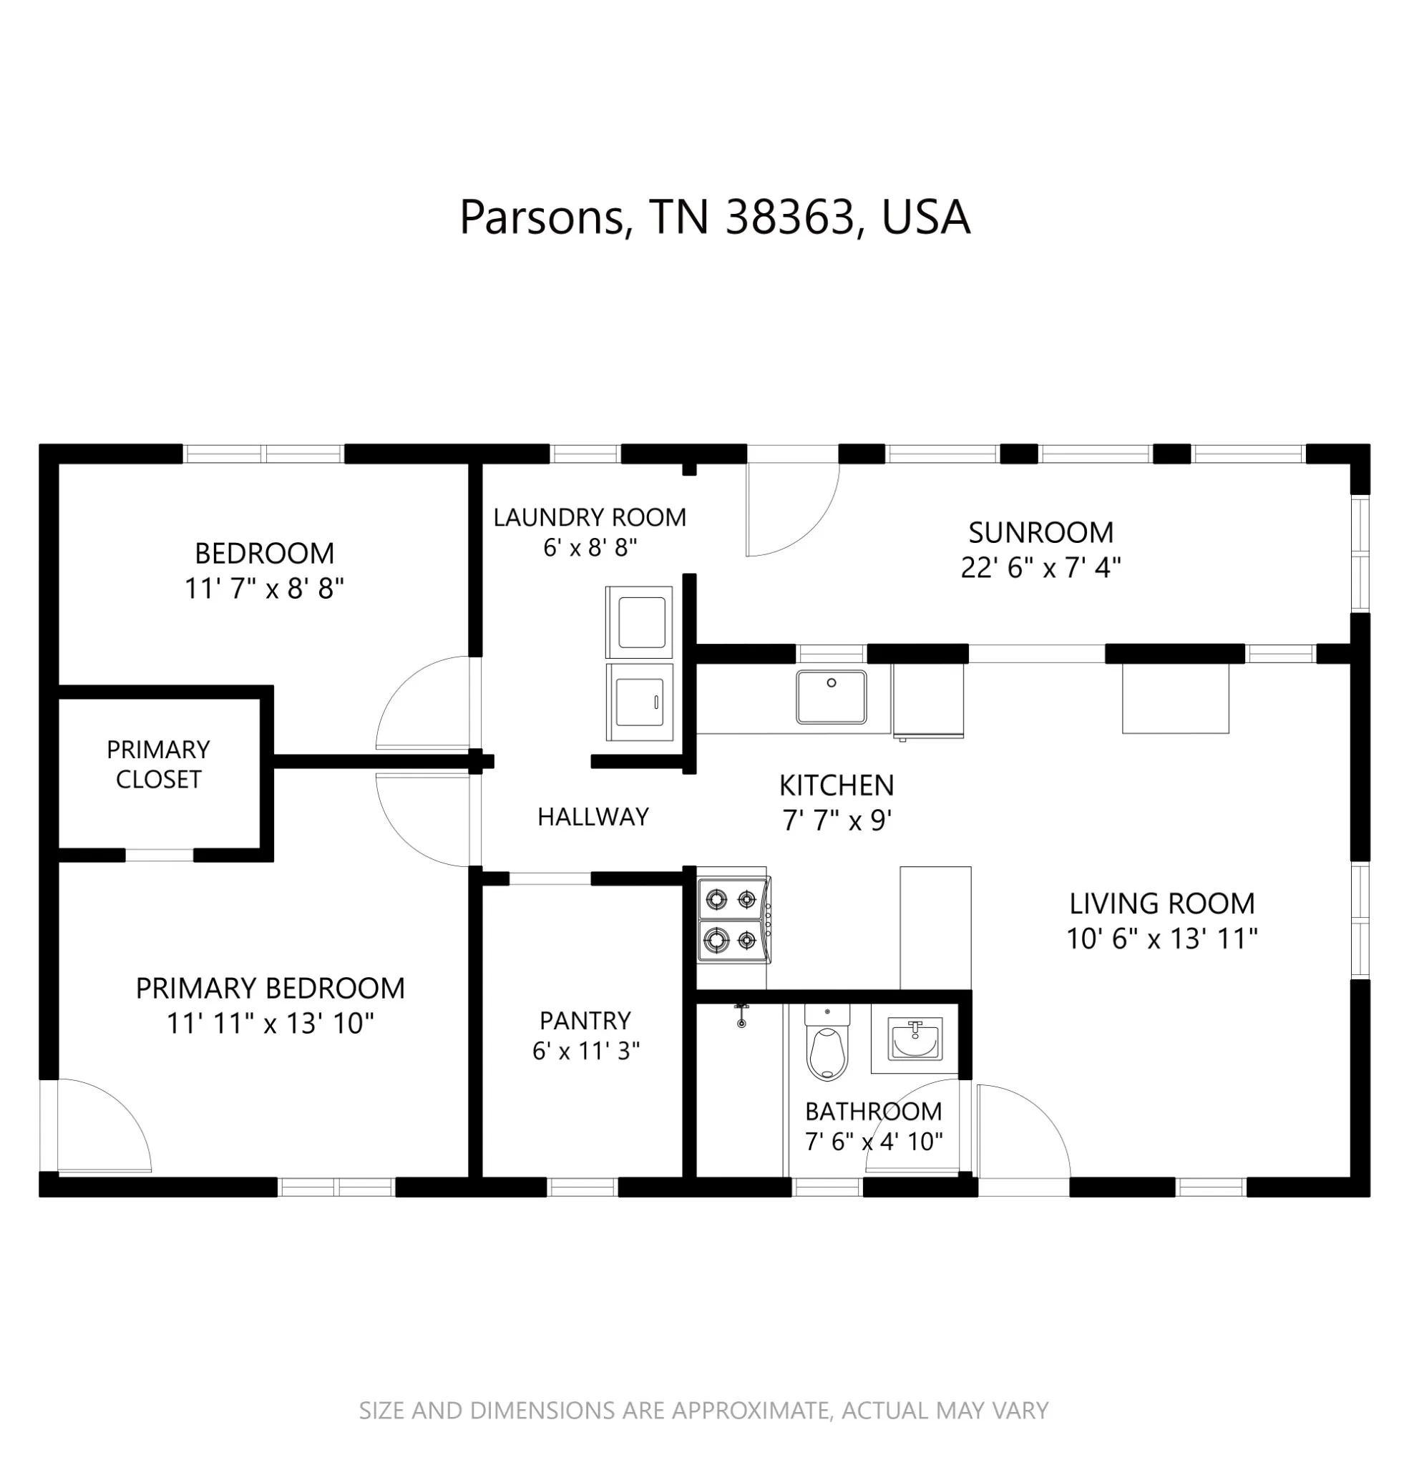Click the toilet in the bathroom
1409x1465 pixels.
827,1042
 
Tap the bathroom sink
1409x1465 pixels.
913,1038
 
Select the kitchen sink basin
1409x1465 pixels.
831,697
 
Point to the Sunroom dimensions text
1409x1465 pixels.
1040,568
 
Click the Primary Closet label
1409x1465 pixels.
159,764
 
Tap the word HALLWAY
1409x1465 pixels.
593,816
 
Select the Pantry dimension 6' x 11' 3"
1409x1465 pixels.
585,1051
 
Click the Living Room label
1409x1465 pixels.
1161,903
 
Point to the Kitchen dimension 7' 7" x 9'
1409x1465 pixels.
837,820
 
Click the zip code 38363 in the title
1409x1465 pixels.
790,217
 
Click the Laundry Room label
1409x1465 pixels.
590,517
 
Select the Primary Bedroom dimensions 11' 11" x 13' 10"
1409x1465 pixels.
270,1023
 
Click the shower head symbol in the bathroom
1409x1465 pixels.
741,1016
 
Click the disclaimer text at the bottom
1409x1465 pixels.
703,1411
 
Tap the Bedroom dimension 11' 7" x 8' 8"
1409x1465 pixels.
264,589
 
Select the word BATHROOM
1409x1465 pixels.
874,1112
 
